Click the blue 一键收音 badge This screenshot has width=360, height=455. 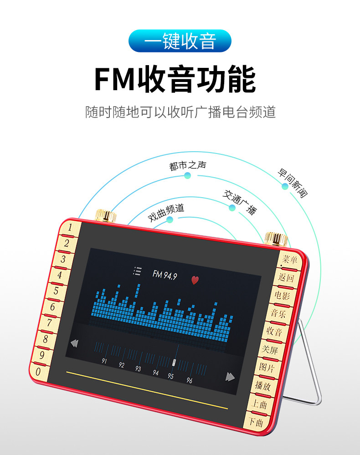pos(180,41)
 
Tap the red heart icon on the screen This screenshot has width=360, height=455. pos(195,280)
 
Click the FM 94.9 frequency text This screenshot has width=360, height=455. pos(165,275)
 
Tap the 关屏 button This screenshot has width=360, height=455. pos(270,349)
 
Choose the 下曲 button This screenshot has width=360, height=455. pos(256,422)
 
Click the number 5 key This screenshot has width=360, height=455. pos(56,291)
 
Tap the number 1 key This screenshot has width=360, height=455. pos(69,227)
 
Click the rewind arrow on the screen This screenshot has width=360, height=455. pos(74,343)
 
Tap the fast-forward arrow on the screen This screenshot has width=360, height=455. pos(230,377)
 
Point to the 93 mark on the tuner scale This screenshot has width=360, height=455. pos(138,368)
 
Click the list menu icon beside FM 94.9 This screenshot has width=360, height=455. pos(137,271)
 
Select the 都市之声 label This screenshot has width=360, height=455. pos(188,165)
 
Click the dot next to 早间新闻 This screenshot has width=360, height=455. pos(285,187)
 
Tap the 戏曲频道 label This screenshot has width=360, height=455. pos(166,212)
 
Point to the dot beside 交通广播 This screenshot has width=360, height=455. pos(232,208)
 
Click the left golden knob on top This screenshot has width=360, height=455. pos(106,215)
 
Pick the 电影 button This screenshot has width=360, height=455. pos(282,296)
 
